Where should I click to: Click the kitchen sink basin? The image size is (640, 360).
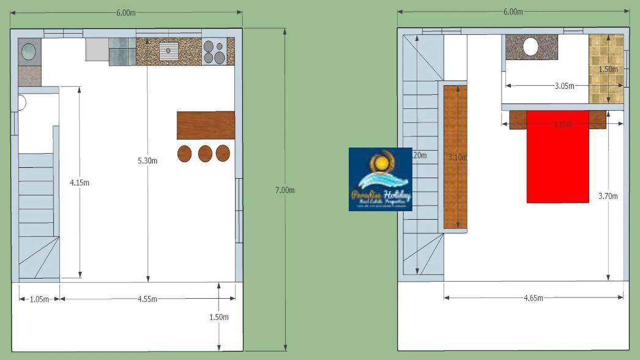(x=168, y=51)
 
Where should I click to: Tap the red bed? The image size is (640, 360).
(x=557, y=162)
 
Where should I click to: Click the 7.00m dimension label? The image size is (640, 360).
(x=285, y=190)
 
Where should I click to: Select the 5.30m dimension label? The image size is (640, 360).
(x=148, y=161)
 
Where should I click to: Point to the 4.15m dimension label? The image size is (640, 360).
(x=80, y=182)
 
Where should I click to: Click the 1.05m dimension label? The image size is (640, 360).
(x=39, y=299)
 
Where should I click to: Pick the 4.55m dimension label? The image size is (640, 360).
(x=147, y=299)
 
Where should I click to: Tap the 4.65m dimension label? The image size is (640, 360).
(x=534, y=298)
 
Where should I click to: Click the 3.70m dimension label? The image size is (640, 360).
(x=608, y=196)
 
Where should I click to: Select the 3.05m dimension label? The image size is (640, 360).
(x=564, y=86)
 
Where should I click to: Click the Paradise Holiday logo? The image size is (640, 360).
(x=381, y=179)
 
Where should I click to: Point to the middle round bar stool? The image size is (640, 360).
(x=205, y=153)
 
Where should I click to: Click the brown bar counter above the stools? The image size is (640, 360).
(x=206, y=125)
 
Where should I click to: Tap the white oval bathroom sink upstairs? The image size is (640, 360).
(x=530, y=47)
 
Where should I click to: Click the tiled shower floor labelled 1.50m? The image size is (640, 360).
(x=606, y=69)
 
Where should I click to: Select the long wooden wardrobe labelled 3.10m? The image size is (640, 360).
(x=455, y=157)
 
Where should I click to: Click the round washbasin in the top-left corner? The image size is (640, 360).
(x=29, y=52)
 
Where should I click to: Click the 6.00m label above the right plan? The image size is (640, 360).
(x=513, y=12)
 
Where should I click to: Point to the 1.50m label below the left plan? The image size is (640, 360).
(x=219, y=317)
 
